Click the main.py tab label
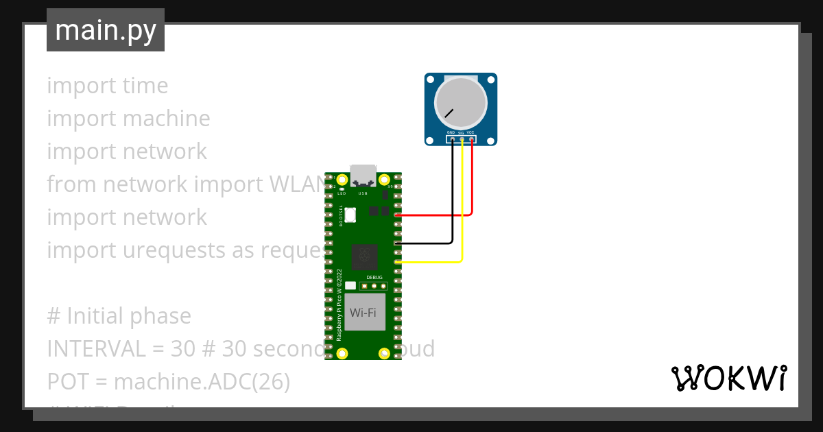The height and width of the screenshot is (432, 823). [x=106, y=30]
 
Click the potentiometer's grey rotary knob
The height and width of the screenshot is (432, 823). [x=461, y=103]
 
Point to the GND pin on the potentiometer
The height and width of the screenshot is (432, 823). [x=452, y=139]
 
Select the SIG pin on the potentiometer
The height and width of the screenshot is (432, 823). [x=462, y=139]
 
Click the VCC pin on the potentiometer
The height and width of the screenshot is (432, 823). [x=472, y=139]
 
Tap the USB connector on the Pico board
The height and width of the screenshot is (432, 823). [x=363, y=176]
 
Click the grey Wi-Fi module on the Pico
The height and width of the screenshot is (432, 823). [x=363, y=313]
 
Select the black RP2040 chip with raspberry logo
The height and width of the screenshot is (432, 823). [x=363, y=256]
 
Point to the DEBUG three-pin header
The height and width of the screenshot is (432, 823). [x=374, y=285]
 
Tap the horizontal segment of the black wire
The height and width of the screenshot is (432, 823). [x=425, y=243]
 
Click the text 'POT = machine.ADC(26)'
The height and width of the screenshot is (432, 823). [x=169, y=382]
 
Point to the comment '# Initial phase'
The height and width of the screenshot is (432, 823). [x=119, y=316]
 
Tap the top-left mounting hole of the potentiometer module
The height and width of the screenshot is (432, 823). [x=430, y=78]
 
